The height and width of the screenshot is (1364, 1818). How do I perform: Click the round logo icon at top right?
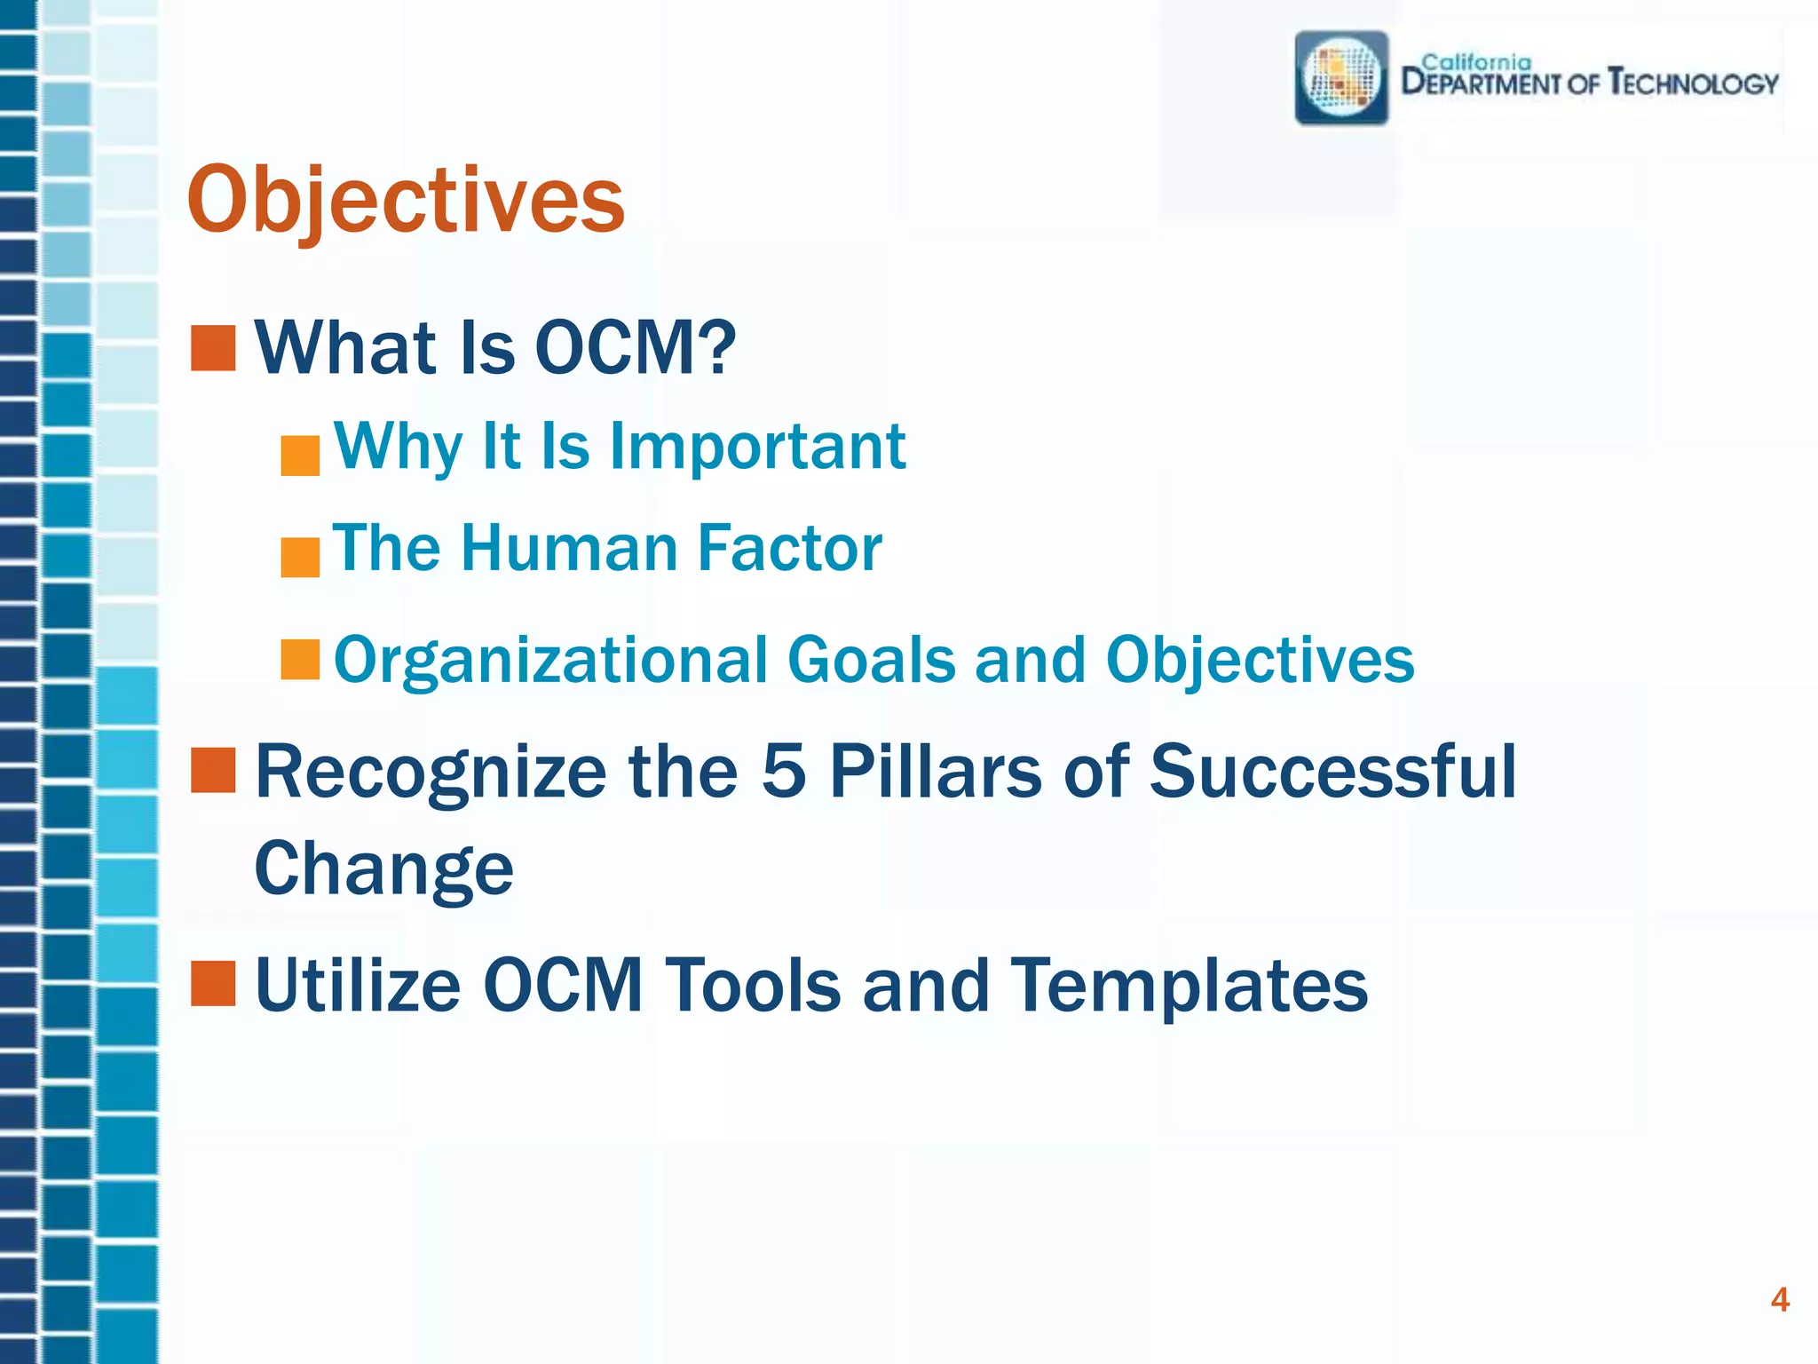pyautogui.click(x=1341, y=78)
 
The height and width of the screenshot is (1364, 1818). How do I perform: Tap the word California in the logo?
pyautogui.click(x=1475, y=61)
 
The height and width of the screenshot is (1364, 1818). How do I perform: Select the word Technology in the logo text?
pyautogui.click(x=1694, y=83)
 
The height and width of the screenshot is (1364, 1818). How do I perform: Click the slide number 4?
pyautogui.click(x=1779, y=1300)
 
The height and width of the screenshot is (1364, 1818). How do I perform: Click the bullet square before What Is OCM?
pyautogui.click(x=213, y=348)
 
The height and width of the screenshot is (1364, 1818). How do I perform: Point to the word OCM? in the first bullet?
pyautogui.click(x=636, y=347)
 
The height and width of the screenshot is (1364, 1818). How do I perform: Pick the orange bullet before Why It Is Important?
pyautogui.click(x=300, y=456)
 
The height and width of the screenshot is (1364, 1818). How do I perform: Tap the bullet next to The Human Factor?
pyautogui.click(x=300, y=558)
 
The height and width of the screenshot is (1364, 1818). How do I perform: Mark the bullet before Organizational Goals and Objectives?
pyautogui.click(x=300, y=660)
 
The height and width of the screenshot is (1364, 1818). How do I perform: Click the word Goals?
pyautogui.click(x=871, y=660)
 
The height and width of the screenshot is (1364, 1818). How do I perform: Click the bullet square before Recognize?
pyautogui.click(x=213, y=770)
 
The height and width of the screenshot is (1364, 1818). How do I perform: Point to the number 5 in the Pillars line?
pyautogui.click(x=784, y=771)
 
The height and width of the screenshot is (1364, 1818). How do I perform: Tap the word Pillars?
pyautogui.click(x=936, y=771)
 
